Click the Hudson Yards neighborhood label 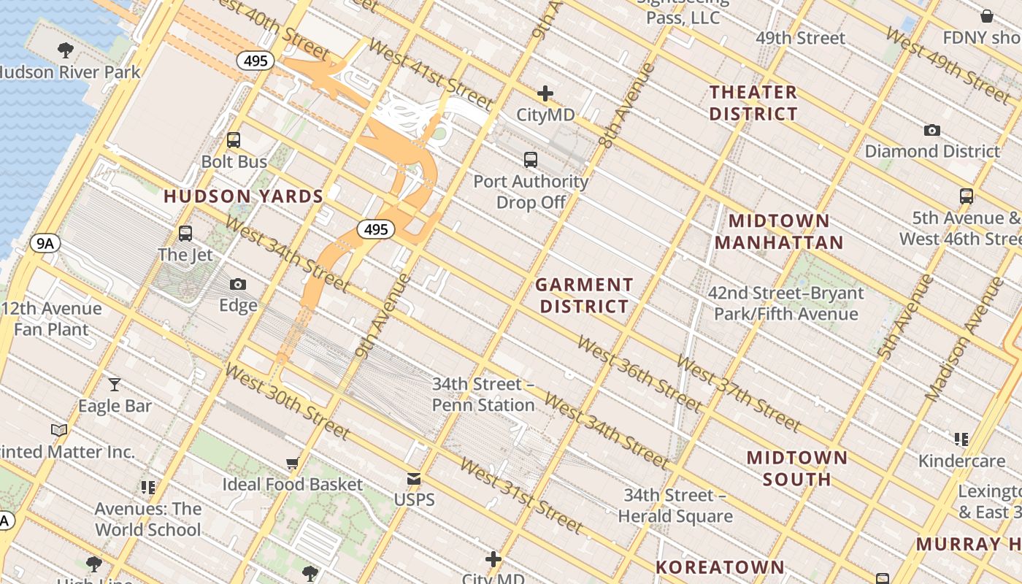(243, 196)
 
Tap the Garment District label (584, 295)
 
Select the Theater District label (753, 103)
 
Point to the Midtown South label (797, 469)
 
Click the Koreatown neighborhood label (719, 567)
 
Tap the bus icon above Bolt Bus (234, 139)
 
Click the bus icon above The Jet (185, 234)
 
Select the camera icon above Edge (238, 284)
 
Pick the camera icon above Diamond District (931, 130)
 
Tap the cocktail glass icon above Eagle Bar (115, 384)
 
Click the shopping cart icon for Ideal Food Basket (292, 463)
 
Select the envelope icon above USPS (414, 479)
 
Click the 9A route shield (45, 243)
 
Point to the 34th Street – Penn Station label (483, 394)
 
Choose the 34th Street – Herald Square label (675, 506)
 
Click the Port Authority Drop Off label (531, 191)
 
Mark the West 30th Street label (288, 401)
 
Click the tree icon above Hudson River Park (65, 50)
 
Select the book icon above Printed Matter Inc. (59, 431)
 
